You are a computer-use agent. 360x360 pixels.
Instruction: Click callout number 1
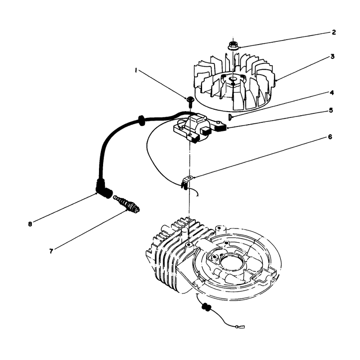coord(136,71)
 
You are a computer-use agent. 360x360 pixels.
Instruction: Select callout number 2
coord(333,32)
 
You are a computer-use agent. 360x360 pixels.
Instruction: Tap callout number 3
coord(333,57)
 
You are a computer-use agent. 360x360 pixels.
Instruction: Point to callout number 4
coord(332,93)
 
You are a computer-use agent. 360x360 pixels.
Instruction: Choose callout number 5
coord(331,110)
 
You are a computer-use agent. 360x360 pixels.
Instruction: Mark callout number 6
coord(330,137)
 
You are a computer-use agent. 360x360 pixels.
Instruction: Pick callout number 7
coord(51,251)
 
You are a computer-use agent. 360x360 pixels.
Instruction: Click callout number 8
coord(30,224)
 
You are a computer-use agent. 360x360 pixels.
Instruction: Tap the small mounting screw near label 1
coord(190,102)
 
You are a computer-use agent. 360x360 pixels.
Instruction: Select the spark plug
coord(127,203)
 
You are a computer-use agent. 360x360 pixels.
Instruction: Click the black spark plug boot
coord(104,188)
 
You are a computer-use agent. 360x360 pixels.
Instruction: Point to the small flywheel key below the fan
coord(229,117)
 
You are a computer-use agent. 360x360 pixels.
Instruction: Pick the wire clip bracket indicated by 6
coord(186,182)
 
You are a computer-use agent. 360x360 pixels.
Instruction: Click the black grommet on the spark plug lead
coord(141,121)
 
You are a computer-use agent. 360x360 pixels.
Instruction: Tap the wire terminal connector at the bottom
coord(240,326)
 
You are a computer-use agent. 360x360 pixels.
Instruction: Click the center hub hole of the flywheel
coord(234,79)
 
